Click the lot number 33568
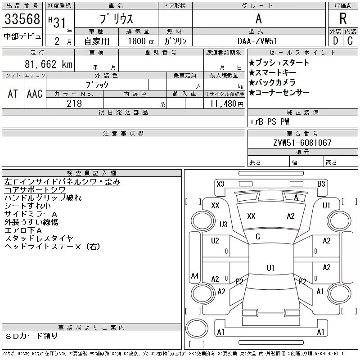(22, 19)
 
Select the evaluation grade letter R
(343, 19)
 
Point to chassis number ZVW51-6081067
(302, 143)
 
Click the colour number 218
(74, 103)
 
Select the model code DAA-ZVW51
(259, 41)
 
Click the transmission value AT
(13, 94)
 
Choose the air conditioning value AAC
(35, 94)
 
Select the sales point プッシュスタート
(279, 63)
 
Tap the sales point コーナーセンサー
(279, 93)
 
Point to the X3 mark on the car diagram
(220, 184)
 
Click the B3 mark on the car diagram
(321, 184)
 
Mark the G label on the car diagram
(258, 237)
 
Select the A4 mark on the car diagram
(195, 275)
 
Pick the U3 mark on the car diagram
(224, 224)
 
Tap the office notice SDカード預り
(31, 336)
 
